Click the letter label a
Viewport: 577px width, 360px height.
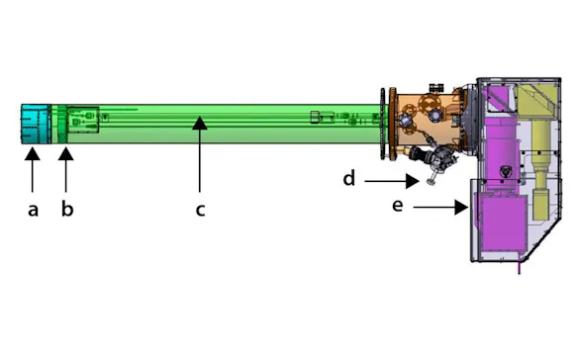[33, 210]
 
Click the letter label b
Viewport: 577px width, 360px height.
[67, 210]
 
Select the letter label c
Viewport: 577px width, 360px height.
[199, 210]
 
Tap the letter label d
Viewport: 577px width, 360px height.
[348, 179]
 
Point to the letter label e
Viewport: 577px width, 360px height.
[397, 206]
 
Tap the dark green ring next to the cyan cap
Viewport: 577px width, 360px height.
[58, 125]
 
